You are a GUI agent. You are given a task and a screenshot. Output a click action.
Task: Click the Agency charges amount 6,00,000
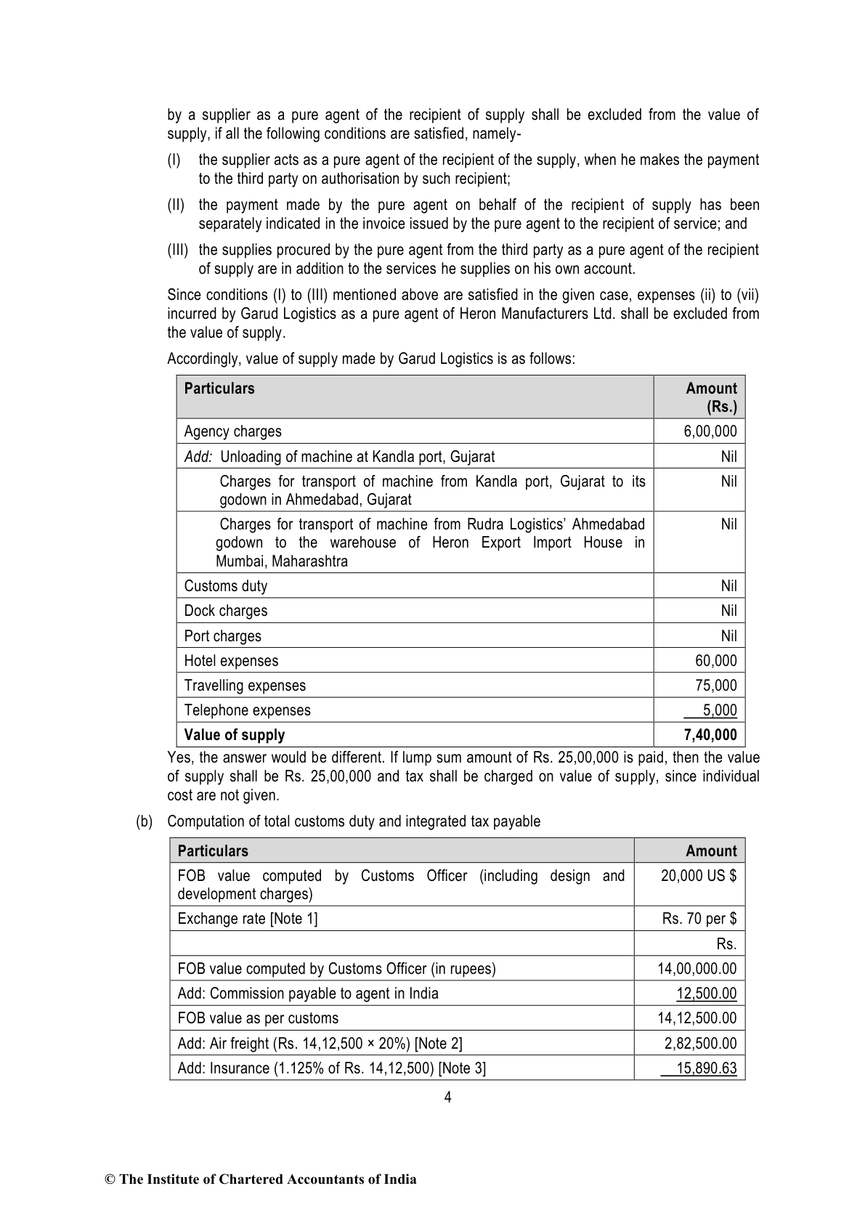tap(710, 431)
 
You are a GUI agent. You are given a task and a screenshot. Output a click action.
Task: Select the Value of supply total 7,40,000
tap(710, 735)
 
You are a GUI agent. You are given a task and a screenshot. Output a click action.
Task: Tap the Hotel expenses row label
tap(231, 661)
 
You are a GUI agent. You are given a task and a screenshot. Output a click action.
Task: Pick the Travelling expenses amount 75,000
tap(715, 686)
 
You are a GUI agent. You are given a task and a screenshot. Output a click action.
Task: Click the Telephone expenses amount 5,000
tap(719, 710)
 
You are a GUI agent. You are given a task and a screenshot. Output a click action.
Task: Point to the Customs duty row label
tap(225, 586)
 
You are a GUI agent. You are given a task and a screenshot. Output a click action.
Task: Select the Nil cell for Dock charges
tap(728, 611)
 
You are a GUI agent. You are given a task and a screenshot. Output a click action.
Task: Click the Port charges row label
tap(222, 636)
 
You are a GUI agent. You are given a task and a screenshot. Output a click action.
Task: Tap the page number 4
tap(447, 1097)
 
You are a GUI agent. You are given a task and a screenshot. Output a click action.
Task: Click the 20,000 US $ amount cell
tap(698, 876)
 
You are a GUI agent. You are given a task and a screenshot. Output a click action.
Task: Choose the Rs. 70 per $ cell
tap(699, 919)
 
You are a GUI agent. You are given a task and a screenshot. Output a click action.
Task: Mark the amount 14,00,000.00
tap(697, 969)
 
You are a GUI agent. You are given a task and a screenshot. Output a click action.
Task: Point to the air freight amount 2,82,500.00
tap(700, 1044)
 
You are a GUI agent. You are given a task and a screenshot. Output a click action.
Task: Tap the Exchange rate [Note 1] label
tap(248, 919)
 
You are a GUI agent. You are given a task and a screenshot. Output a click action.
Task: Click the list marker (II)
tap(176, 206)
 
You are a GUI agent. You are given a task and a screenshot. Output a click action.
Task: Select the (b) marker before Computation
tap(145, 821)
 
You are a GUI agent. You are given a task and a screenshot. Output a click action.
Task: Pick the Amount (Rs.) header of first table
tap(711, 397)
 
